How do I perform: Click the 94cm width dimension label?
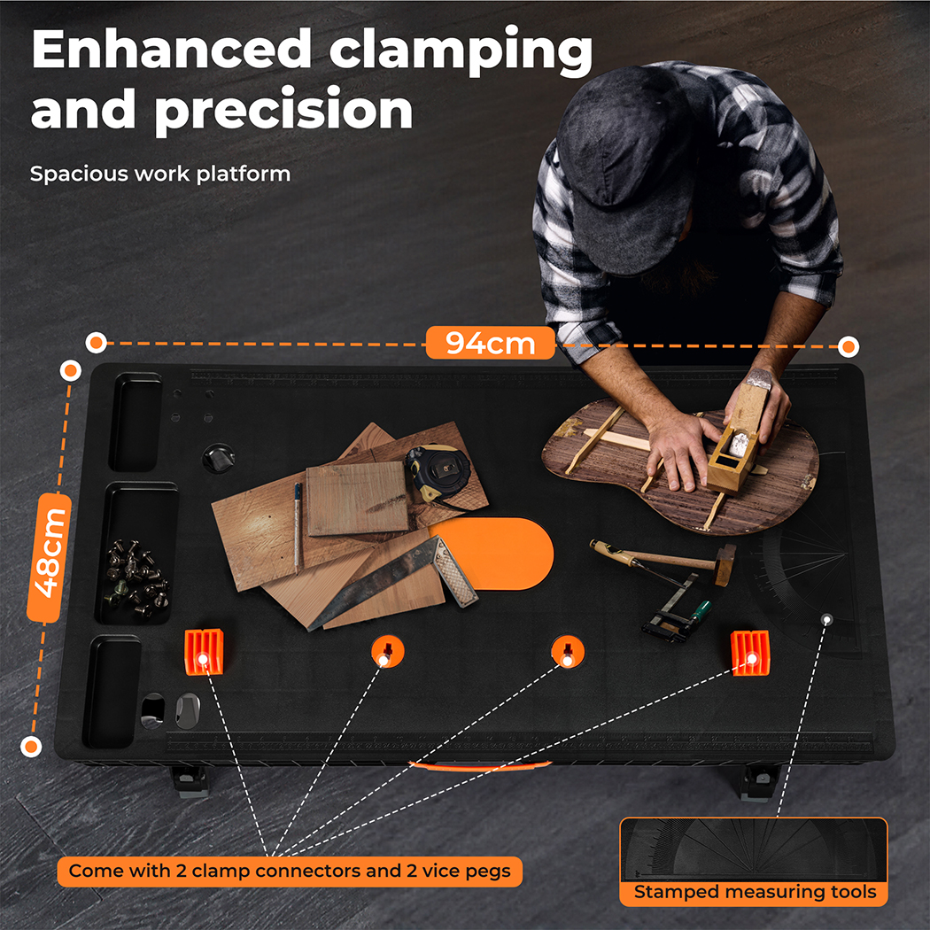pos(490,343)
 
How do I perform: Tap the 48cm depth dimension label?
pos(50,558)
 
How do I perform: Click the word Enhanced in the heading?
pos(172,50)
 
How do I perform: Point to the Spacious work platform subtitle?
pos(160,174)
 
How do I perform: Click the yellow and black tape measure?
pos(438,473)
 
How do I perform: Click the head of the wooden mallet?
pos(725,563)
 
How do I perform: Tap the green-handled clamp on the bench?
pos(676,608)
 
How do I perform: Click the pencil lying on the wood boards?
pos(297,527)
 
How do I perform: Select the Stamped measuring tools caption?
pos(755,891)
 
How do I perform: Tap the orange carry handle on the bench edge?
pos(480,766)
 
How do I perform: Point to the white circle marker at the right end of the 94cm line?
pos(849,345)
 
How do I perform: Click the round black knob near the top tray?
pos(218,457)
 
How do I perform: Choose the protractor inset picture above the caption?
pos(753,849)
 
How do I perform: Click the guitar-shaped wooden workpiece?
pos(680,465)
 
